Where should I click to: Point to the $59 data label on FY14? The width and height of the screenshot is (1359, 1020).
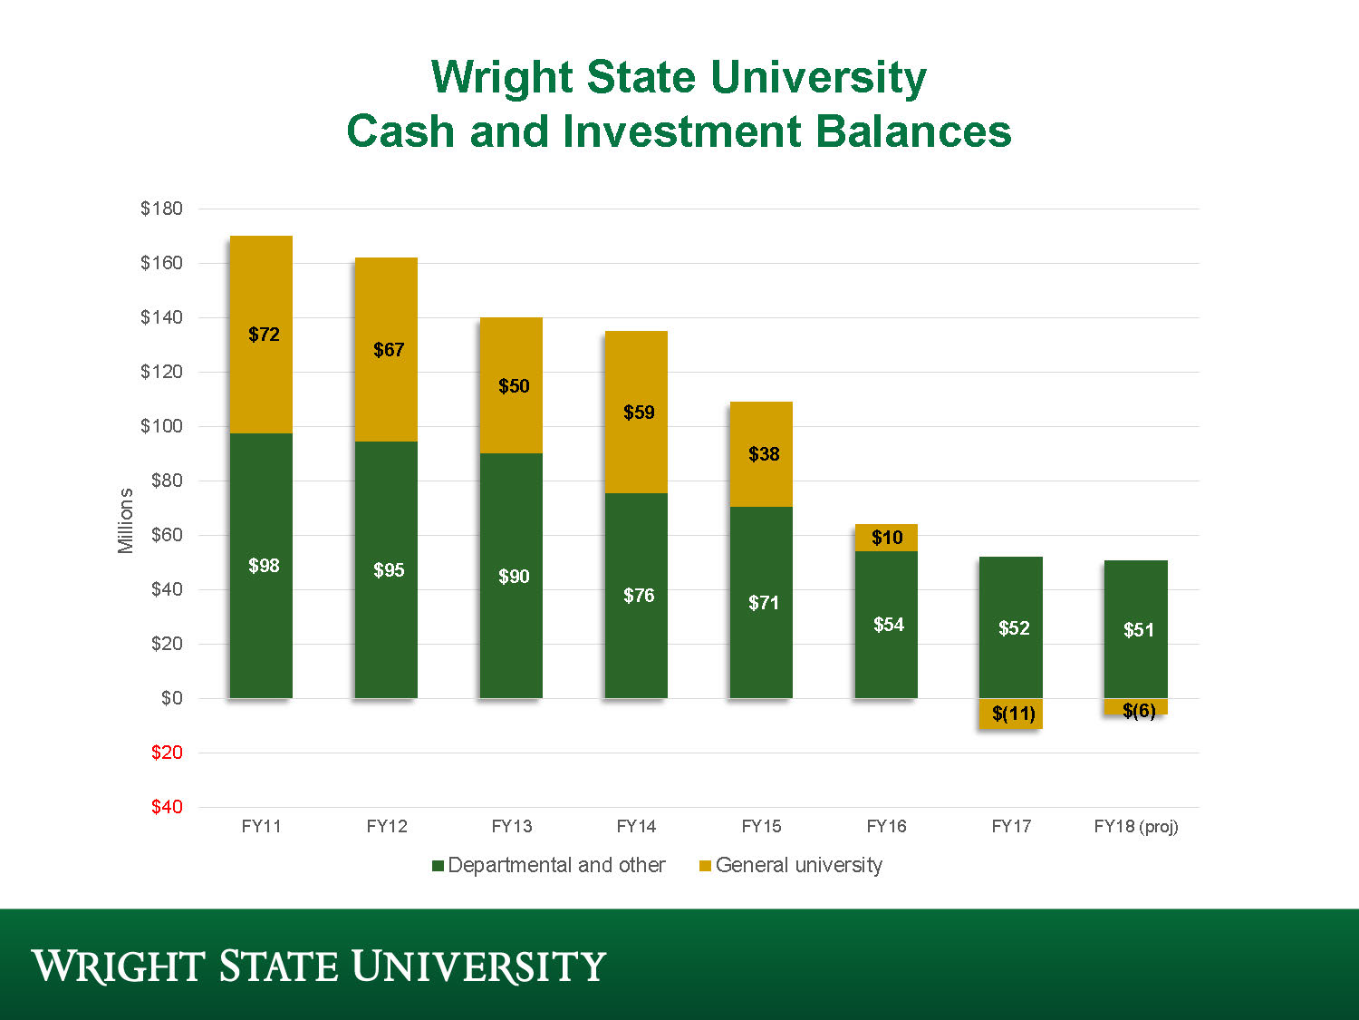tap(639, 413)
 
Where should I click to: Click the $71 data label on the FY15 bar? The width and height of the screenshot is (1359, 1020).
tap(764, 603)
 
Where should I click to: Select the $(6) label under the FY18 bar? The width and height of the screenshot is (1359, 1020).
tap(1139, 711)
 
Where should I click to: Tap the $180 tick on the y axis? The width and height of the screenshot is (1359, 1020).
tap(161, 209)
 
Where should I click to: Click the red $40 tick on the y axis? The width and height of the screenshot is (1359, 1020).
tap(167, 807)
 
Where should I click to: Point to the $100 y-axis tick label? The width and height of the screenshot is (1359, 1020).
tap(161, 426)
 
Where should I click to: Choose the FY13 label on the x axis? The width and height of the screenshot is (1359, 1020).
tap(512, 826)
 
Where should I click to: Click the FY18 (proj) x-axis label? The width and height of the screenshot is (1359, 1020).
tap(1136, 826)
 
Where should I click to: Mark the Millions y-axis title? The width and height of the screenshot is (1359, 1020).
tap(126, 520)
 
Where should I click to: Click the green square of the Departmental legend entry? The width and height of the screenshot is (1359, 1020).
tap(438, 866)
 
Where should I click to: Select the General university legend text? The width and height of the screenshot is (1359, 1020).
tap(798, 865)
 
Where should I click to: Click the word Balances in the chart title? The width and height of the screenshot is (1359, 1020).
tap(912, 131)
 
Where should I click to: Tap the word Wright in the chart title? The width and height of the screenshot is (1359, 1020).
tap(501, 77)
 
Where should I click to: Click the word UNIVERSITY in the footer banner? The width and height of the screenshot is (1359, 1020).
tap(478, 967)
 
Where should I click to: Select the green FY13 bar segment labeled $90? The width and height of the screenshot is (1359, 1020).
tap(511, 617)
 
